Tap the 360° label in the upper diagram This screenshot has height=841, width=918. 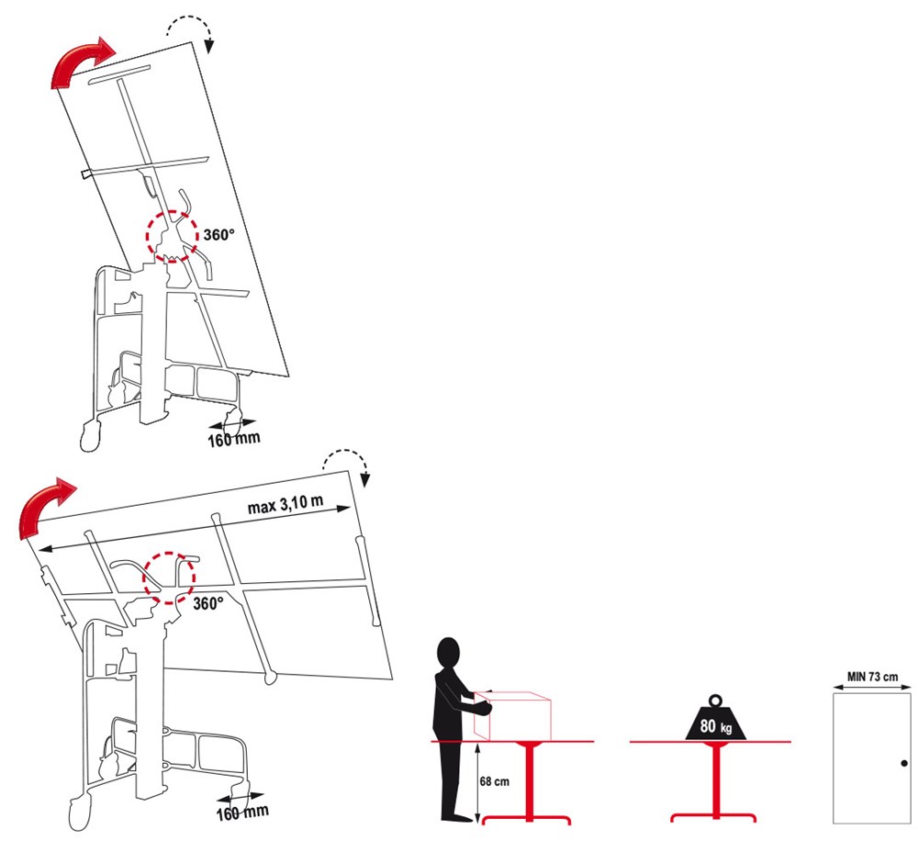219,235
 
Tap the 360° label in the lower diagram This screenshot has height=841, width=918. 208,604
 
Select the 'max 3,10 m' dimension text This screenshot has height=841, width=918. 285,504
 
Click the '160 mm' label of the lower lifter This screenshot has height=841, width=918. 242,813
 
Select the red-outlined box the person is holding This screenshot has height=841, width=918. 512,715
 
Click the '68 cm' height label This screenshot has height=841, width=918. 494,781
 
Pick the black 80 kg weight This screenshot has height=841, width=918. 716,723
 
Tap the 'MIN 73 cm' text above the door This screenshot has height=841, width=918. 872,677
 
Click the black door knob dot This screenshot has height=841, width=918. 904,763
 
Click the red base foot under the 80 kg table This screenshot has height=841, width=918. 713,817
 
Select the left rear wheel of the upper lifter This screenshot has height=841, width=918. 90,436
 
